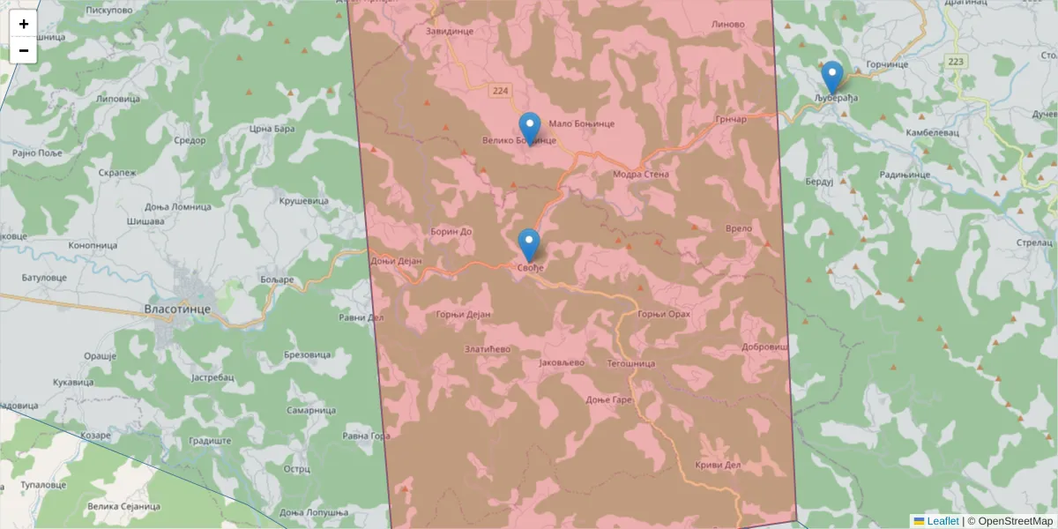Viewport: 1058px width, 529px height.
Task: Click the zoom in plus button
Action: click(x=24, y=24)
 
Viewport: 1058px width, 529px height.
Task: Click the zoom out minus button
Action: click(x=24, y=50)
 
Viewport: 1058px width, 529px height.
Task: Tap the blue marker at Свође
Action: click(x=529, y=246)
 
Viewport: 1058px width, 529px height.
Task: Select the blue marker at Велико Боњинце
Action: click(x=529, y=129)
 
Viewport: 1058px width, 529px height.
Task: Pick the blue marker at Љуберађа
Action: click(x=831, y=78)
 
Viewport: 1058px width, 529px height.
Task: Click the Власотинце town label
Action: click(x=176, y=309)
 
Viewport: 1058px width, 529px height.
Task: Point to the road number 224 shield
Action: click(x=501, y=91)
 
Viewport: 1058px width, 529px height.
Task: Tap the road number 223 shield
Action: click(x=956, y=62)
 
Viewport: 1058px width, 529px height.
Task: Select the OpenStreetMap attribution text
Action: click(x=1010, y=521)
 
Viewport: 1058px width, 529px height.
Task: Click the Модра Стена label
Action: click(x=641, y=175)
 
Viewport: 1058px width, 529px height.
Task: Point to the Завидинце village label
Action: click(x=450, y=31)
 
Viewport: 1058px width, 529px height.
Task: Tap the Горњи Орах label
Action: click(x=663, y=315)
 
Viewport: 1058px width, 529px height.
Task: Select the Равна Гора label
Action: click(x=366, y=436)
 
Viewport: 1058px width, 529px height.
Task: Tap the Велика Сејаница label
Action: click(x=124, y=507)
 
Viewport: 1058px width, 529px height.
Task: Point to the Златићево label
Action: click(x=488, y=349)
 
